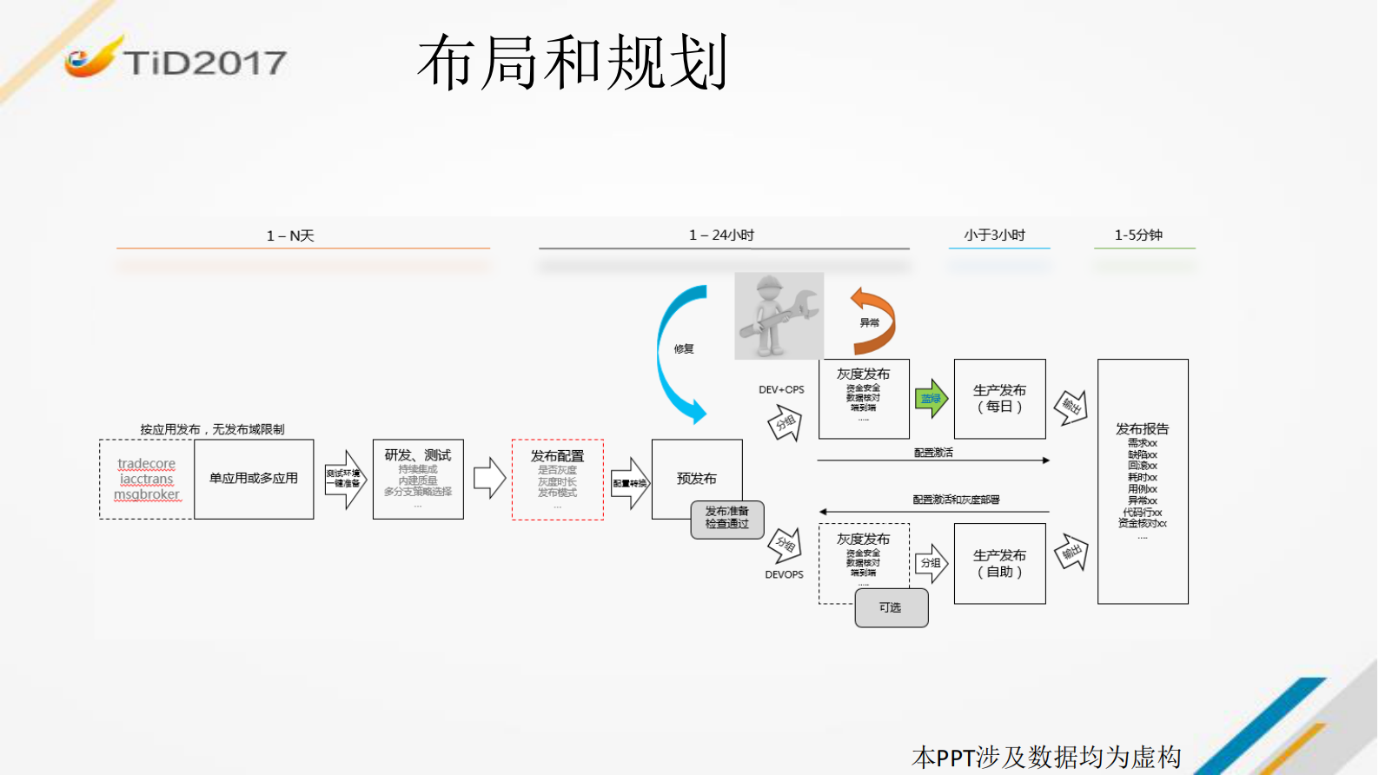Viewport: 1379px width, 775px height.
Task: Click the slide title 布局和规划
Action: coord(572,63)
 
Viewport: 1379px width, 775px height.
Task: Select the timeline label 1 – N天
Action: coord(290,235)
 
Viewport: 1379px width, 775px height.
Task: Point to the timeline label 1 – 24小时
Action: coord(721,235)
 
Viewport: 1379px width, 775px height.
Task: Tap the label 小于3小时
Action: coord(994,235)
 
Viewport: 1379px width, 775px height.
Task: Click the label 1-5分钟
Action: coord(1138,235)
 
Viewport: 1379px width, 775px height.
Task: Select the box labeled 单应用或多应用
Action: coord(254,479)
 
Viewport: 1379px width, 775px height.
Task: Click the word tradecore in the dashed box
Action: coord(146,464)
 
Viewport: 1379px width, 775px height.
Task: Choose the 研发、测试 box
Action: coord(418,479)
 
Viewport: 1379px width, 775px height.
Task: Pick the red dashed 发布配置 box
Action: coord(557,479)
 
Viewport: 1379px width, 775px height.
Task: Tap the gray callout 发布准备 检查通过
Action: coord(727,518)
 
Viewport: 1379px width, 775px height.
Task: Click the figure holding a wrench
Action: coord(779,316)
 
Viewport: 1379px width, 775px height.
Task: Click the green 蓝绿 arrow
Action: coord(931,399)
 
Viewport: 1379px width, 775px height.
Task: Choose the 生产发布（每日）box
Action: coord(999,399)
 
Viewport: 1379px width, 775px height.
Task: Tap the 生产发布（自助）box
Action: coord(999,563)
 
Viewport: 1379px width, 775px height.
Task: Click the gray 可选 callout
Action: coord(891,607)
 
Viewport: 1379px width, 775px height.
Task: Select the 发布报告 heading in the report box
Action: coord(1142,428)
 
